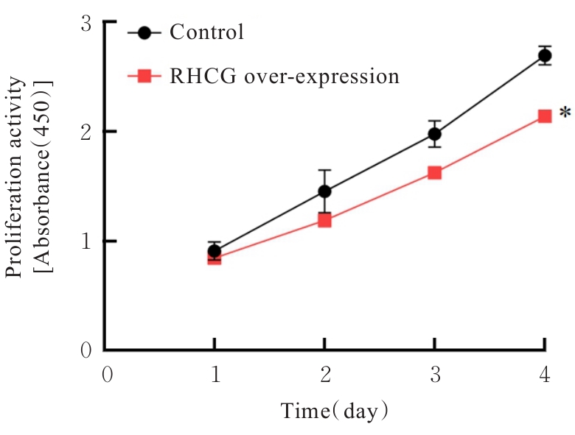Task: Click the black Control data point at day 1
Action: tap(214, 251)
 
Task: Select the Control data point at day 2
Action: tap(324, 191)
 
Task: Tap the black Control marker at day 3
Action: tap(434, 134)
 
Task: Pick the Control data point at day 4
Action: tap(545, 55)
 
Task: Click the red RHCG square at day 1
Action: tap(214, 258)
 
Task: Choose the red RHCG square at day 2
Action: tap(324, 219)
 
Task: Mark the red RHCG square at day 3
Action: tap(434, 173)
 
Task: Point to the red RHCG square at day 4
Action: tap(545, 116)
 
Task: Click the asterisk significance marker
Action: tap(564, 113)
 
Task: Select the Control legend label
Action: tap(206, 33)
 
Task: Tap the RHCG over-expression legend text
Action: tap(284, 76)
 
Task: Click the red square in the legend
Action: tap(144, 76)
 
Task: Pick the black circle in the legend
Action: tap(144, 33)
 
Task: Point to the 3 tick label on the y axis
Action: tap(86, 24)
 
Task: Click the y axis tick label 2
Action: tap(86, 132)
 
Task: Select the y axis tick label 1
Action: tap(86, 241)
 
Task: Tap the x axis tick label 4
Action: tap(544, 375)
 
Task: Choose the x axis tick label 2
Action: tap(324, 375)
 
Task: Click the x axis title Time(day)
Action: tap(334, 411)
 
